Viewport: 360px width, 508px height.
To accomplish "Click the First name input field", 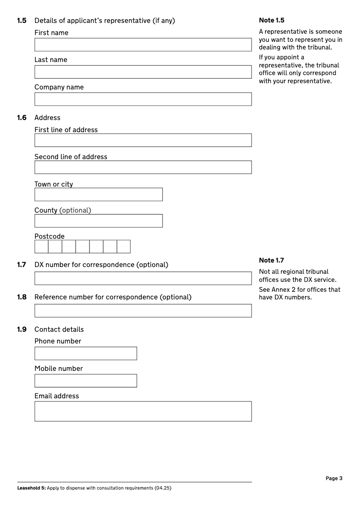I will click(143, 45).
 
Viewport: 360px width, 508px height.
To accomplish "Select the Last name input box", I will click(143, 72).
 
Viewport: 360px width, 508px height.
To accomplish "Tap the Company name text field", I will click(143, 99).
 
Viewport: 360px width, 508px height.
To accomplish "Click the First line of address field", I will click(143, 140).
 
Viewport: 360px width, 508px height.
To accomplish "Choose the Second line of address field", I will click(143, 167).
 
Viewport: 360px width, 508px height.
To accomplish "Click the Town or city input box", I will click(99, 195).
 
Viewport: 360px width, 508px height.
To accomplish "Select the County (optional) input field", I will click(99, 221).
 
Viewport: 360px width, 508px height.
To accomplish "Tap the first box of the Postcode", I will click(41, 247).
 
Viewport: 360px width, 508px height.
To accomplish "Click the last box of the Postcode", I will click(124, 247).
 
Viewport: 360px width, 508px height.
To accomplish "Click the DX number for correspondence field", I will click(143, 278).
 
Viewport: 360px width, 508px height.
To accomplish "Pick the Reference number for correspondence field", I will click(143, 311).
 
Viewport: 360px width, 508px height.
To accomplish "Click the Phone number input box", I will click(85, 353).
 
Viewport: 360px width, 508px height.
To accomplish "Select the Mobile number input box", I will click(85, 381).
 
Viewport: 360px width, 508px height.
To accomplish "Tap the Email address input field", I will click(143, 411).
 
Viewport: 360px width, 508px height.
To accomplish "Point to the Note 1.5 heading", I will click(272, 20).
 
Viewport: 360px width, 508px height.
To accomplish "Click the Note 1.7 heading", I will click(272, 260).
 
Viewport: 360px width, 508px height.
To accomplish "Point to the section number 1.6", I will click(22, 118).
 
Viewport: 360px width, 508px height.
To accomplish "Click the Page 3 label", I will click(334, 478).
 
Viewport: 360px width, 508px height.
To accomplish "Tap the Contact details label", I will click(59, 330).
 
